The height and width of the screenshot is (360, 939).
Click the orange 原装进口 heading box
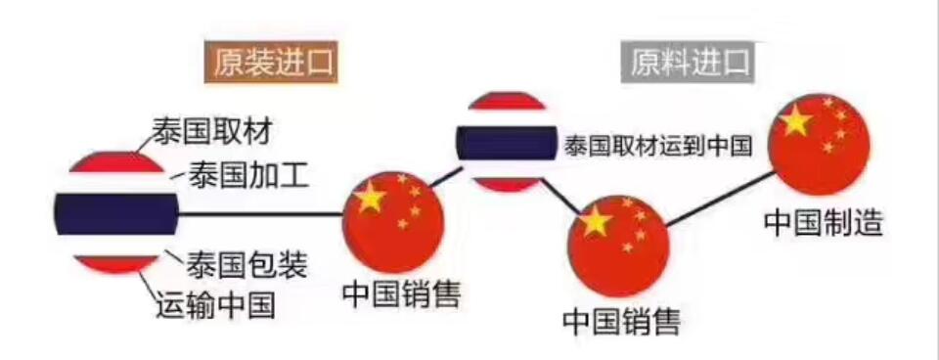tap(270, 64)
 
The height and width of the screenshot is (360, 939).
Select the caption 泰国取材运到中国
tap(656, 147)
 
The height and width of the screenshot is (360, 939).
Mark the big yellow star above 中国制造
tap(795, 121)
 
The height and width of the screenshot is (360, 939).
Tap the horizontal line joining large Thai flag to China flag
tap(259, 214)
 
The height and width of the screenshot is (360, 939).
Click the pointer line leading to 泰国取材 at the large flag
tap(143, 145)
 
